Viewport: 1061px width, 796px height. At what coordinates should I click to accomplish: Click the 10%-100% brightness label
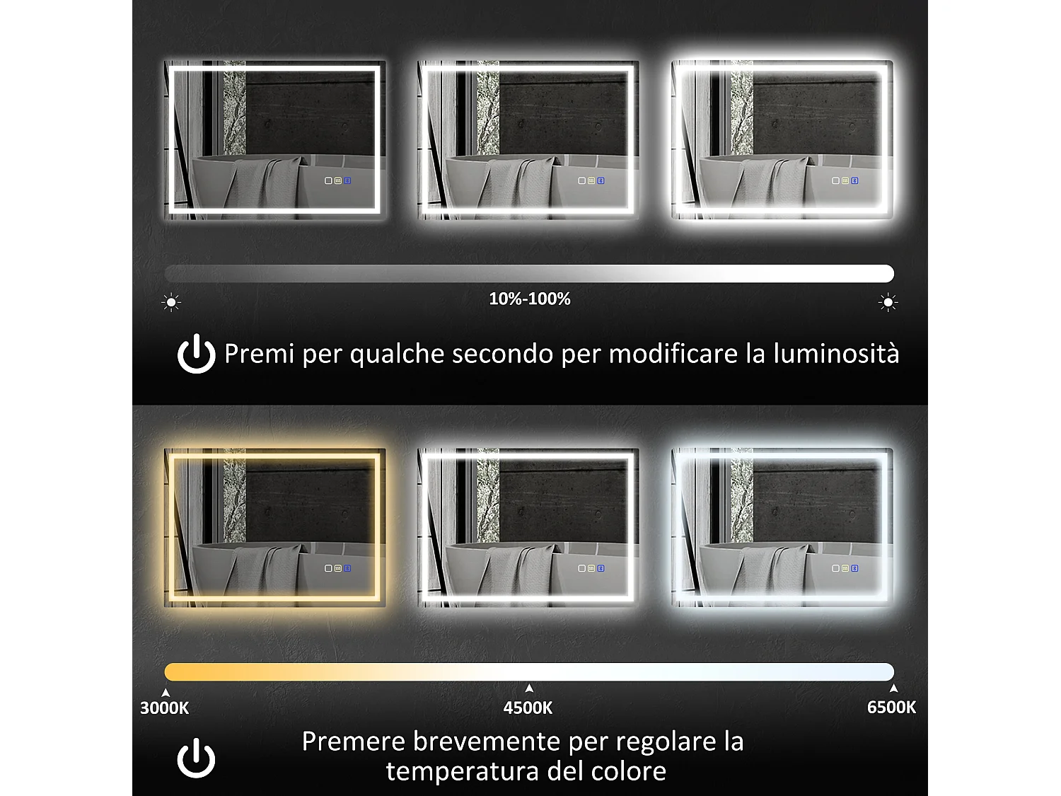pyautogui.click(x=530, y=299)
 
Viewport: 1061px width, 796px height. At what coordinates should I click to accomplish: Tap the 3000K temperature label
pyautogui.click(x=164, y=708)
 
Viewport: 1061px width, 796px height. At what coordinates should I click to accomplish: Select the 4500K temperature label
pyautogui.click(x=528, y=708)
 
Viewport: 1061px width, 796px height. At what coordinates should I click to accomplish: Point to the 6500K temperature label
pyautogui.click(x=891, y=707)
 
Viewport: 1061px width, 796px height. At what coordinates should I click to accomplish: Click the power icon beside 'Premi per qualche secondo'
pyautogui.click(x=196, y=354)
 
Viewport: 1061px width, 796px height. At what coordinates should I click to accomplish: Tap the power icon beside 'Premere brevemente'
pyautogui.click(x=196, y=758)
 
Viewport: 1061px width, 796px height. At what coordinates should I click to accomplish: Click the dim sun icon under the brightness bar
pyautogui.click(x=171, y=303)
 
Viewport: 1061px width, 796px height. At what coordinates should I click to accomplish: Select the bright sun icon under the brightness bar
pyautogui.click(x=888, y=303)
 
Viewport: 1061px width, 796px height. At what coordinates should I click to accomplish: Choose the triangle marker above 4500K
pyautogui.click(x=529, y=688)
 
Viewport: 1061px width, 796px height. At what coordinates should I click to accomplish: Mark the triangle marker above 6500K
pyautogui.click(x=893, y=688)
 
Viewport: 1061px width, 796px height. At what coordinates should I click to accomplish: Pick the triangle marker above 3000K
pyautogui.click(x=166, y=693)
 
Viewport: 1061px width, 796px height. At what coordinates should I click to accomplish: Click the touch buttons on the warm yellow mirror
pyautogui.click(x=338, y=568)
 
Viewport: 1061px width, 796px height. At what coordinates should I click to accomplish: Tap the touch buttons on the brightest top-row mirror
pyautogui.click(x=845, y=180)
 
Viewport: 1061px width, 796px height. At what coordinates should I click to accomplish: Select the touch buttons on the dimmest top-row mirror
pyautogui.click(x=338, y=180)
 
